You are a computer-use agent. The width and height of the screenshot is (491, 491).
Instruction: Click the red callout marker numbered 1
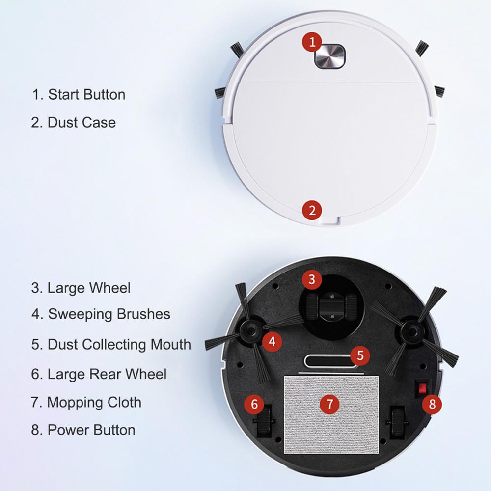click(312, 42)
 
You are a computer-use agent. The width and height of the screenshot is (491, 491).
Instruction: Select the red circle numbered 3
click(312, 280)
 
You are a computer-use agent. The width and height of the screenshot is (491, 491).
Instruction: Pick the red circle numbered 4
click(272, 342)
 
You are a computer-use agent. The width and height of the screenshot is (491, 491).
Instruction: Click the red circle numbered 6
click(254, 405)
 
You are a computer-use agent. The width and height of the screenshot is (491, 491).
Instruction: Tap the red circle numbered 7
click(329, 405)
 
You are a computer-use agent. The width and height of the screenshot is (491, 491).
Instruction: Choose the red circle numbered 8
click(432, 405)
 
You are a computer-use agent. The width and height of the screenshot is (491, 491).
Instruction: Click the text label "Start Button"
click(79, 94)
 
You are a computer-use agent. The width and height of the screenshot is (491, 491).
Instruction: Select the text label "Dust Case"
click(74, 122)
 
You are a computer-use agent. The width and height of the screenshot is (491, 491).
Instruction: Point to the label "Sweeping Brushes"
click(101, 314)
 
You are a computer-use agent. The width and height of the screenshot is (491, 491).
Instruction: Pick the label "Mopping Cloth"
click(86, 403)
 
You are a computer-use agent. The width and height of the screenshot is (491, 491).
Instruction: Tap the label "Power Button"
click(83, 430)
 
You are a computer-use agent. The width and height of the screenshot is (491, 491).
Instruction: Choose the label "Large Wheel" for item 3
click(82, 288)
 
